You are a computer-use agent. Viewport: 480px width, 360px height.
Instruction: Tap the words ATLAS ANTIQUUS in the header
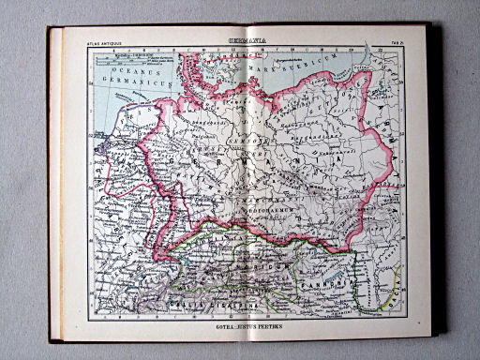click(x=105, y=43)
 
